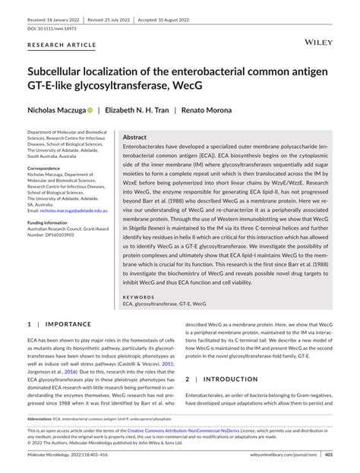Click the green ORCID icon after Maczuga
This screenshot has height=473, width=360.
click(x=90, y=110)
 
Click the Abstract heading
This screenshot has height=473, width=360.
click(x=134, y=137)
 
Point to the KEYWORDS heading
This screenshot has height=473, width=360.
click(x=139, y=297)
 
